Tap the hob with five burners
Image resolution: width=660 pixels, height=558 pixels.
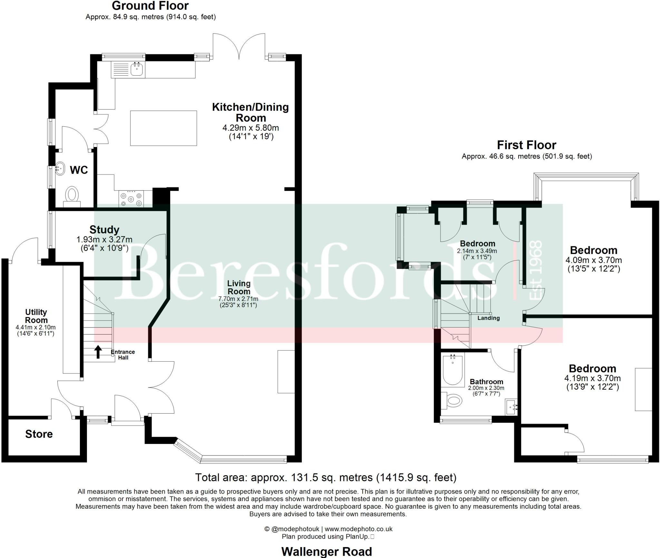pos(131,199)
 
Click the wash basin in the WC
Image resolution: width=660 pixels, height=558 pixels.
pos(60,169)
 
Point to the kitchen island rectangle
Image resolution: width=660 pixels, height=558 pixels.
pos(163,128)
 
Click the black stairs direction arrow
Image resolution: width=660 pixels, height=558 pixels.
pos(98,352)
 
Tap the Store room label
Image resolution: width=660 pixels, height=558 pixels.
pos(39,434)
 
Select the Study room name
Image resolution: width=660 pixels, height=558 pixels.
pos(104,230)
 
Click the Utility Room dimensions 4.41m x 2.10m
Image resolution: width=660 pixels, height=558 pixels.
pos(35,328)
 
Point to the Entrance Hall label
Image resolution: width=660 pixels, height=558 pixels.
pos(123,355)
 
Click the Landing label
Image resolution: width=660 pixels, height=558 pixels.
pos(489,318)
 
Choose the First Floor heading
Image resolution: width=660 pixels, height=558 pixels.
pos(526,145)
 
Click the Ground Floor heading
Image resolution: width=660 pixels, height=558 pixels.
pos(150,5)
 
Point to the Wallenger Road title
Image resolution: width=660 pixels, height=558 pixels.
pos(326,551)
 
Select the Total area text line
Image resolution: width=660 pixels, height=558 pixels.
pos(326,477)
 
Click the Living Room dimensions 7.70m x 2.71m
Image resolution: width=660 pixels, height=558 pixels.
pos(238,299)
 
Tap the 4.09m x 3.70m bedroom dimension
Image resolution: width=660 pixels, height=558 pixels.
pos(594,260)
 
